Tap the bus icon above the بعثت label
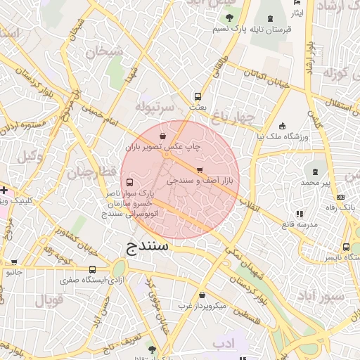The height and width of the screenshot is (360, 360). [x=198, y=97]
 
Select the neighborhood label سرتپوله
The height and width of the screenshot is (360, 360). [x=154, y=108]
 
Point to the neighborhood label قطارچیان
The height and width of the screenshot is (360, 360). [x=89, y=172]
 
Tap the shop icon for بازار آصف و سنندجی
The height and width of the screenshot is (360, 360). [x=200, y=170]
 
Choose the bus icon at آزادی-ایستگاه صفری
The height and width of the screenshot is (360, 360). [x=93, y=269]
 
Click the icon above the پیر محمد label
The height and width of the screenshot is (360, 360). [x=314, y=172]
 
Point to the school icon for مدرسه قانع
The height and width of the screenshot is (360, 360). [x=300, y=212]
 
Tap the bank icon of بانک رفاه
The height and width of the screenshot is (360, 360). [x=340, y=197]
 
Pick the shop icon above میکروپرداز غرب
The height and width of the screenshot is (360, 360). [x=203, y=295]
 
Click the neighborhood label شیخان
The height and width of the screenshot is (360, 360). [x=103, y=51]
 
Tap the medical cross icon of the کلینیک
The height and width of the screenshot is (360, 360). [x=4, y=190]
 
